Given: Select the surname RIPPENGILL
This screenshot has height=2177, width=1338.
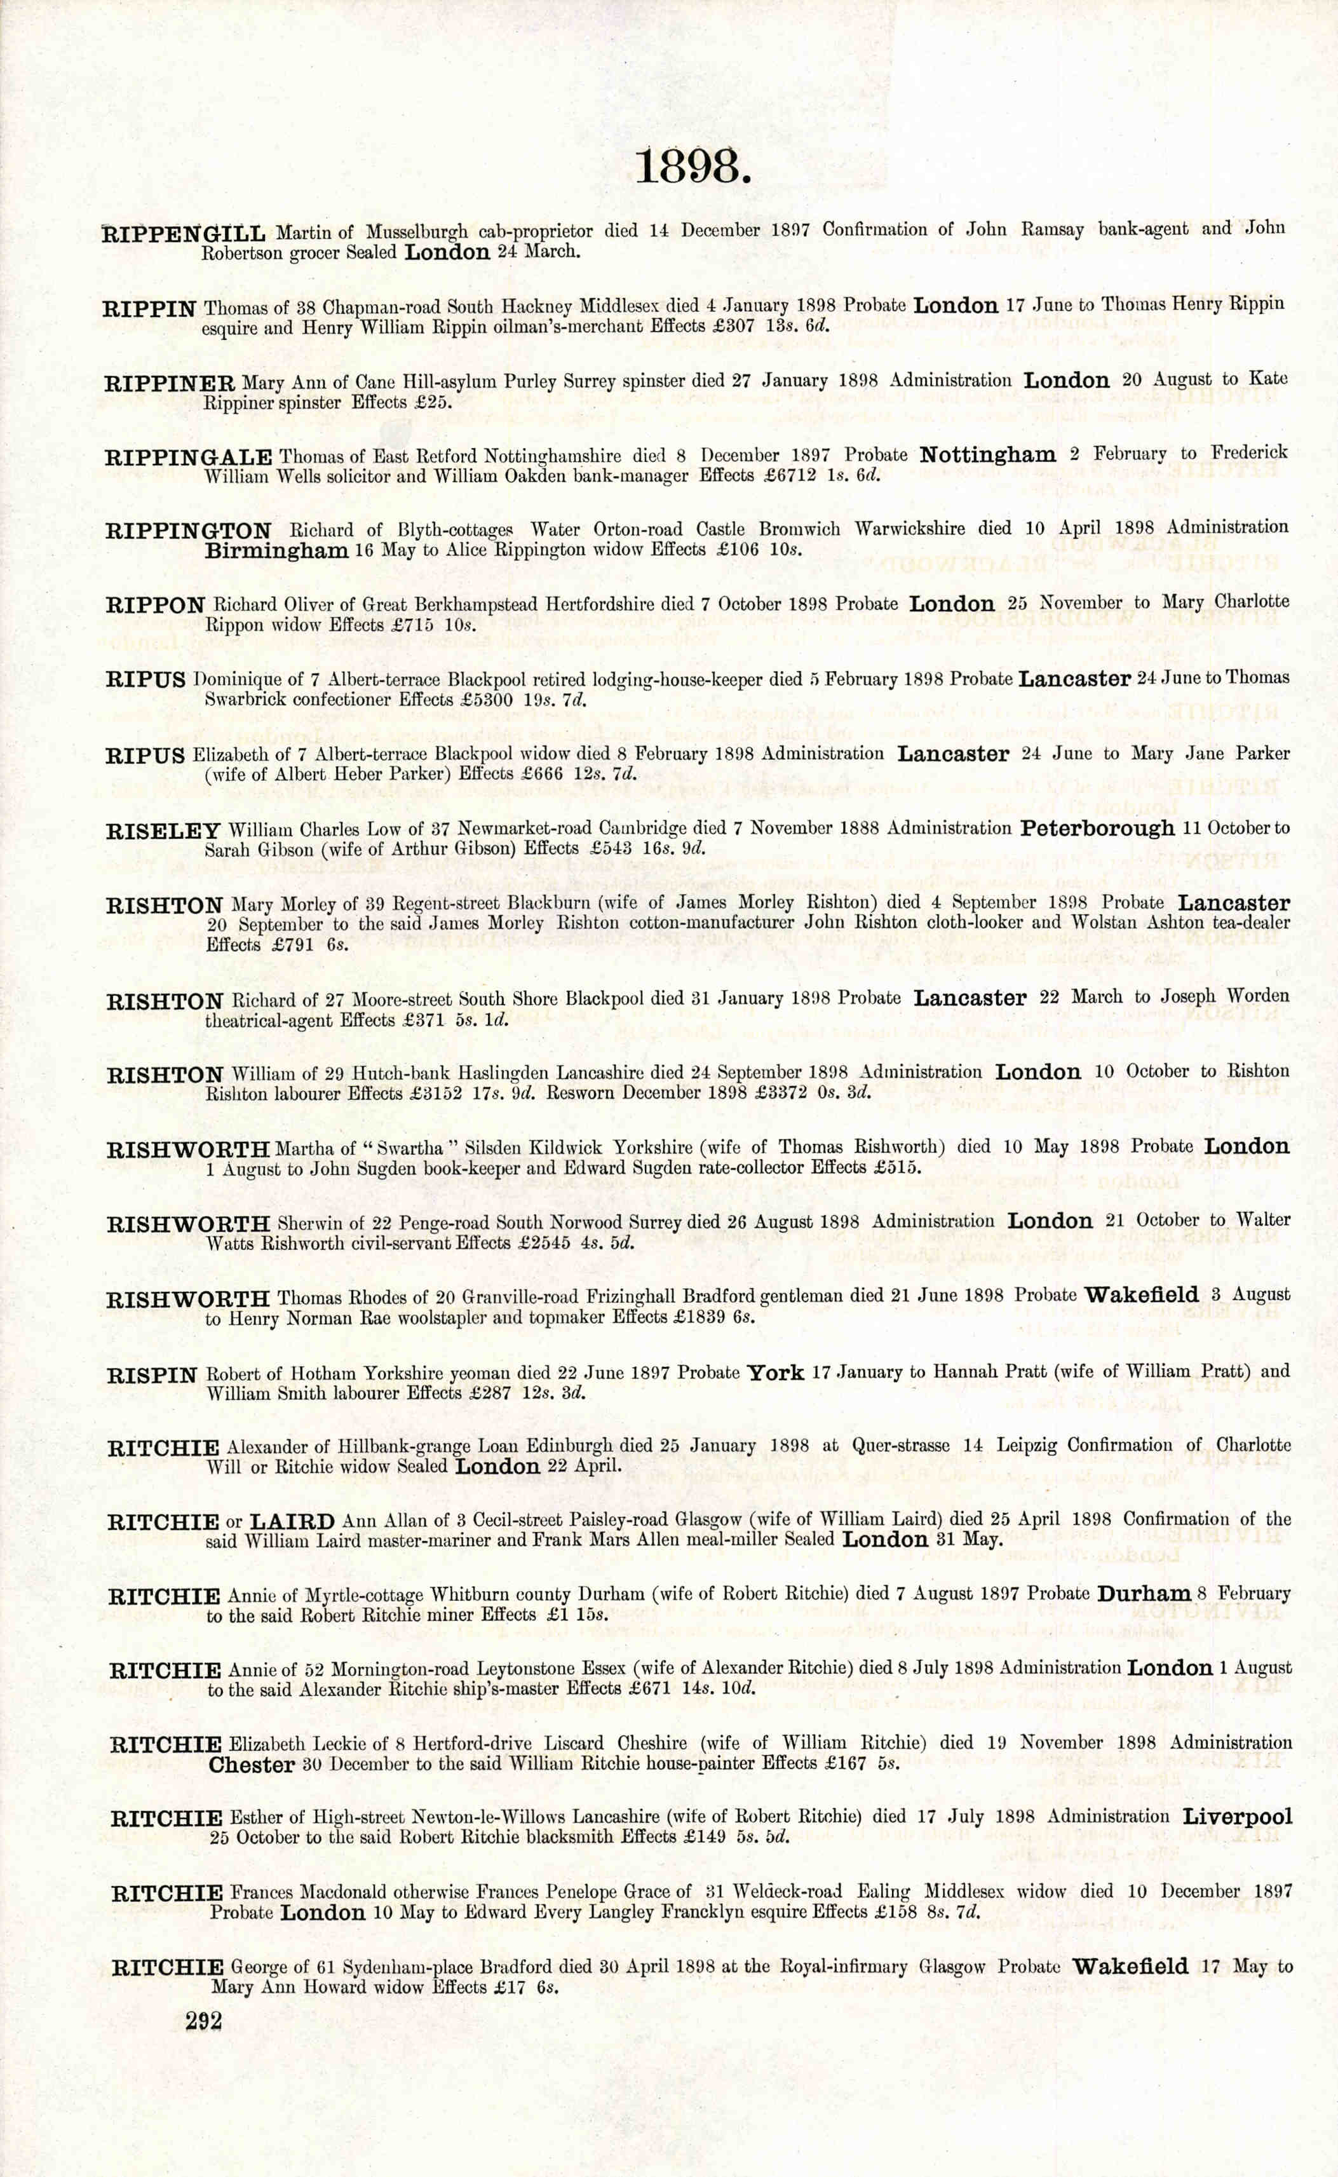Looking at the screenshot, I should (184, 234).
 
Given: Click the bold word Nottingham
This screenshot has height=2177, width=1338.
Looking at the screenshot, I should (987, 455).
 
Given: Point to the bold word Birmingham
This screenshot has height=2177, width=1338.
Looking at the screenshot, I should (276, 550).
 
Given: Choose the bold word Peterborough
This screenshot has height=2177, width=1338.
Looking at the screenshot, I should (1097, 829).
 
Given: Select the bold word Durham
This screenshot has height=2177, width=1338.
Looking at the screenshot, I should (1144, 1594).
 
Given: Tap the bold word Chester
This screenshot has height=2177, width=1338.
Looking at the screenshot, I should (252, 1765).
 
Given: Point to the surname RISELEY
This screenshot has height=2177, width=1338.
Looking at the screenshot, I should (163, 832).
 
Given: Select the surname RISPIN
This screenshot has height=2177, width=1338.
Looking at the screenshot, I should (152, 1376).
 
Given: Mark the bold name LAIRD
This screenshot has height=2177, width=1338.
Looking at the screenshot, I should (292, 1522).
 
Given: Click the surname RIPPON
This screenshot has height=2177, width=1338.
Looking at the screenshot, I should (156, 606).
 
